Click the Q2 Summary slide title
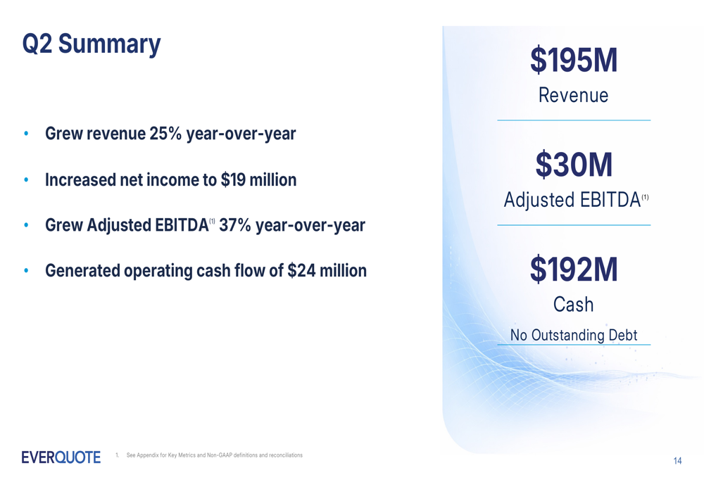(x=92, y=44)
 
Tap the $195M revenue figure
(x=574, y=60)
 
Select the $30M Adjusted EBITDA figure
(x=574, y=164)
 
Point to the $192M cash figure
(x=574, y=269)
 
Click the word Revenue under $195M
(x=573, y=95)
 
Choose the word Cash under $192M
(x=573, y=304)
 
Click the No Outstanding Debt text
(x=574, y=335)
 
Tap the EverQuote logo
(x=61, y=457)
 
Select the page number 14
(x=677, y=460)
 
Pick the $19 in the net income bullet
(x=233, y=179)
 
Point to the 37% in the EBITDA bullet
(x=235, y=225)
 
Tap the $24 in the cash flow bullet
(x=301, y=271)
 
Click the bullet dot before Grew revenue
(x=26, y=133)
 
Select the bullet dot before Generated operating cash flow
(x=26, y=271)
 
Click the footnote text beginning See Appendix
(x=214, y=455)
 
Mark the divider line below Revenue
(x=574, y=120)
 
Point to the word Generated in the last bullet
(x=82, y=271)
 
